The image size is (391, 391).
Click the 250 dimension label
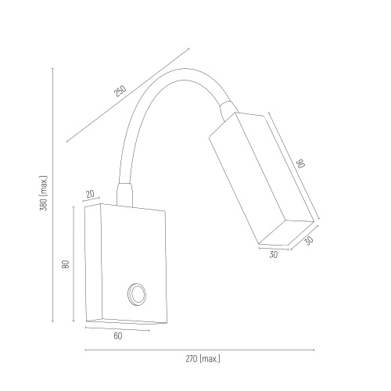pyautogui.click(x=120, y=91)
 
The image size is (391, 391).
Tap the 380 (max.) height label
pyautogui.click(x=44, y=193)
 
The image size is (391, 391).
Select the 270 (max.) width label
pyautogui.click(x=203, y=359)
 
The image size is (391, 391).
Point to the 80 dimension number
pyautogui.click(x=66, y=264)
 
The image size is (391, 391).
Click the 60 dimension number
pyautogui.click(x=118, y=336)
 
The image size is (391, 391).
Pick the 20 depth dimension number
pyautogui.click(x=90, y=194)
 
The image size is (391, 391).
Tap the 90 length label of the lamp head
pyautogui.click(x=302, y=163)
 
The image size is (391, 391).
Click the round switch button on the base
pyautogui.click(x=137, y=294)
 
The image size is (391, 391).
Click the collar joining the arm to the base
pyautogui.click(x=124, y=195)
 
